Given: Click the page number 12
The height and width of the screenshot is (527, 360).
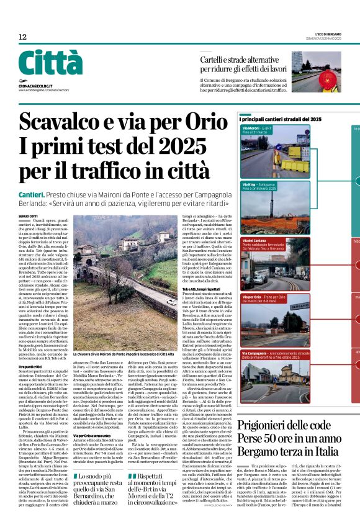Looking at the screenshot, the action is point(22,37).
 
